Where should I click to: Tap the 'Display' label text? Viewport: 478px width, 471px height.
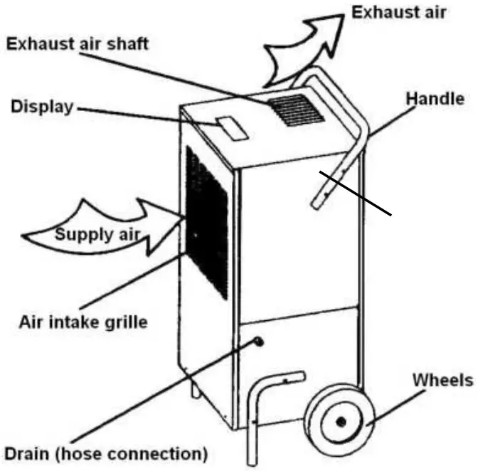tap(42, 107)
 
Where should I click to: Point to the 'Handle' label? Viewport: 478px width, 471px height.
tap(435, 99)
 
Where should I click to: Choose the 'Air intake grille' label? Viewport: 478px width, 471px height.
tap(83, 321)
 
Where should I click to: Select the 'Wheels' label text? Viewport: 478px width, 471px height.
tap(441, 380)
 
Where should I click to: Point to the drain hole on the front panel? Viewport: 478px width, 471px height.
tap(257, 342)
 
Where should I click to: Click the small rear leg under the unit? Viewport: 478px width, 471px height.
tap(193, 390)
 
